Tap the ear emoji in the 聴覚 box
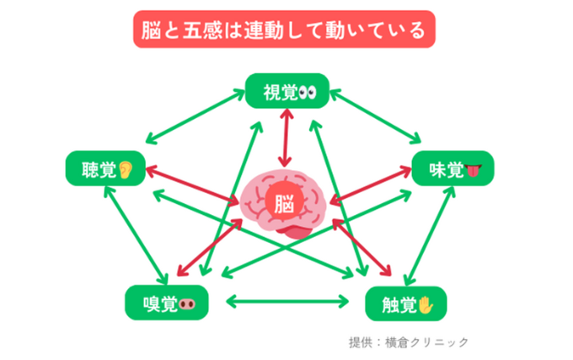[x=126, y=169]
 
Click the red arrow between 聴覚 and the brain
[x=192, y=185]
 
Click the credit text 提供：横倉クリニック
[x=408, y=342]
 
